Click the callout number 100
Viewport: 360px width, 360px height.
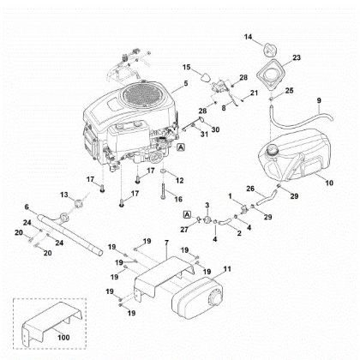click(63, 338)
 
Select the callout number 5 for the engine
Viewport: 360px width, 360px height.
click(186, 83)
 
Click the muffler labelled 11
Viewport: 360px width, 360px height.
click(196, 297)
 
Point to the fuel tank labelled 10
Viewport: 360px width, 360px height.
click(294, 153)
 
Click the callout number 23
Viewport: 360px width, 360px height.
click(297, 57)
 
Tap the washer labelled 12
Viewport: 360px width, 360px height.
click(164, 171)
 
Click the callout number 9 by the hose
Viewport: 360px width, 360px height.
click(319, 100)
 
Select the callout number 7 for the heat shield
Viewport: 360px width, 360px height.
click(167, 243)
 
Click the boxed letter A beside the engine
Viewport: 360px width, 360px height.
click(181, 147)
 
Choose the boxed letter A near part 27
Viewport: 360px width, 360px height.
click(187, 214)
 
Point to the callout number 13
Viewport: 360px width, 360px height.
click(64, 195)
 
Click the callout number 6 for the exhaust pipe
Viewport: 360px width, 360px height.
click(27, 207)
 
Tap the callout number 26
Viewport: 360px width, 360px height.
click(250, 189)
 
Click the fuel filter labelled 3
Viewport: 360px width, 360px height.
click(207, 220)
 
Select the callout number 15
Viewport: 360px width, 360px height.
click(186, 68)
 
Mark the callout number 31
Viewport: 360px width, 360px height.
click(204, 134)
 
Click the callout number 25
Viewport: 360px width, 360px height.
click(289, 91)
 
